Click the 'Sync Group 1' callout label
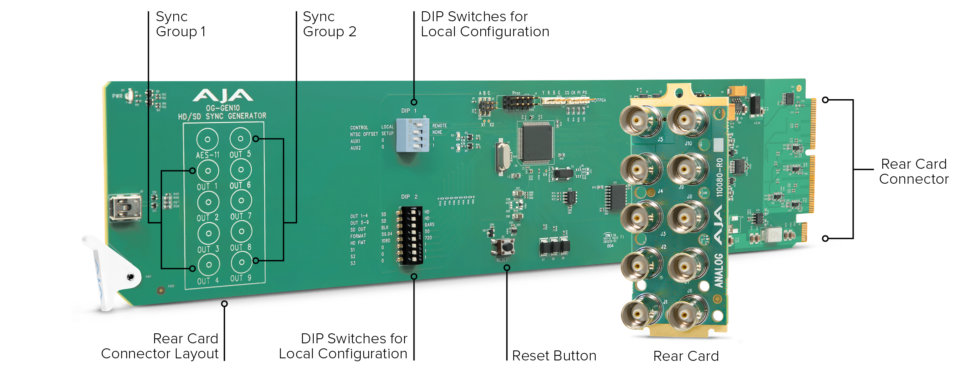coord(180,24)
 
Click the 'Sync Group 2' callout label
coord(329,24)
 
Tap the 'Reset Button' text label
coord(554,355)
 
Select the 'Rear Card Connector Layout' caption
coord(160,346)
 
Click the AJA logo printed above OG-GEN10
coord(222,96)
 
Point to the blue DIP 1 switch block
coord(412,135)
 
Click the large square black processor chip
coord(535,143)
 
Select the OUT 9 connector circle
coord(241,262)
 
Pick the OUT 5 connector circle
coord(240,138)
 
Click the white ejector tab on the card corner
coord(110,271)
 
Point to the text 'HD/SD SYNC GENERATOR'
coord(222,116)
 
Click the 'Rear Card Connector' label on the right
coord(914,171)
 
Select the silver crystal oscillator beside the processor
coord(503,157)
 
